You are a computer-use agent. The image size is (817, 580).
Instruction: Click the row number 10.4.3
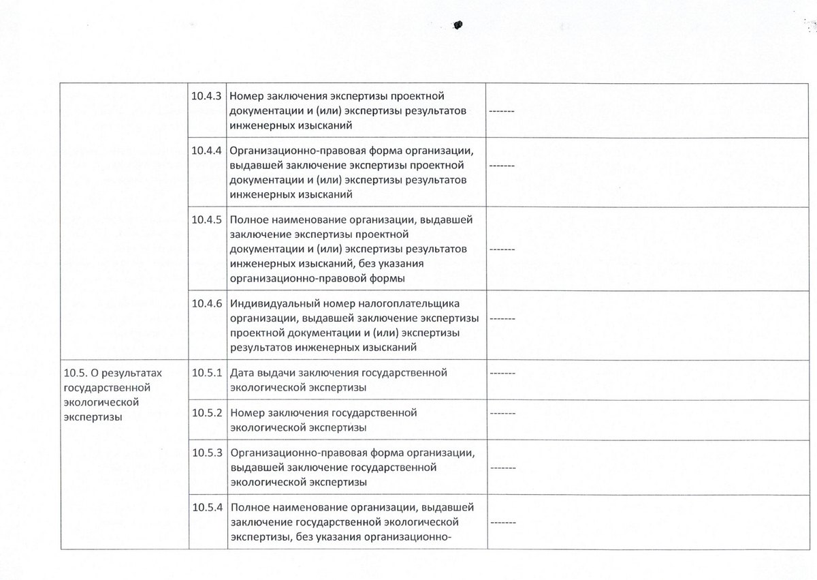[207, 96]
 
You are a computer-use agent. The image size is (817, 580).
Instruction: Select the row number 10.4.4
[207, 151]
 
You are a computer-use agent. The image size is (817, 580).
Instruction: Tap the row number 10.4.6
[207, 303]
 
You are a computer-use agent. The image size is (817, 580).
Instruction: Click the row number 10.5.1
[207, 373]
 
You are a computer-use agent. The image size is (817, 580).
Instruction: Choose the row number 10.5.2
[207, 413]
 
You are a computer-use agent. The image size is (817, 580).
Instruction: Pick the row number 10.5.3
[207, 453]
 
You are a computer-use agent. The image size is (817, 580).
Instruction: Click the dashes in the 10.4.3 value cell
[501, 111]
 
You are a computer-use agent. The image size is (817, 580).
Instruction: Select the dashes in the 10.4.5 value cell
[501, 249]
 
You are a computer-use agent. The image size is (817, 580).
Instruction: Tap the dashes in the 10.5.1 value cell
[501, 373]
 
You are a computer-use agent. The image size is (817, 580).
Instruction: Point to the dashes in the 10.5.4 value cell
[501, 523]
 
